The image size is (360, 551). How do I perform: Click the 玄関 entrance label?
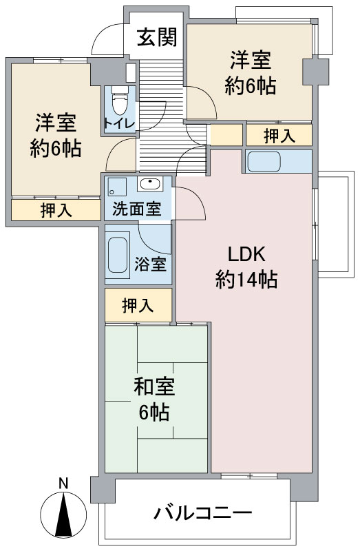(157, 37)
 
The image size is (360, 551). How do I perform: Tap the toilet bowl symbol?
(119, 100)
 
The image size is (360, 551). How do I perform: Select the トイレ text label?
(118, 124)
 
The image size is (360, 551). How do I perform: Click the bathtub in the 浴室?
(117, 255)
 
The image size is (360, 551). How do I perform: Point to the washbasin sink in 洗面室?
(150, 184)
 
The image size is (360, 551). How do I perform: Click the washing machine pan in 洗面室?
(117, 187)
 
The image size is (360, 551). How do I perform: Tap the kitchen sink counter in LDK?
(264, 161)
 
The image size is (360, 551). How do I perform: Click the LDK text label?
(246, 254)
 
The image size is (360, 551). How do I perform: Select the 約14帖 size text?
(246, 280)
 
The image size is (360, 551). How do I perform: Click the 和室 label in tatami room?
(153, 386)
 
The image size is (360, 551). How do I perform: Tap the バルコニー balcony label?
(202, 513)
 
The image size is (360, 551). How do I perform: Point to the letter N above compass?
(63, 484)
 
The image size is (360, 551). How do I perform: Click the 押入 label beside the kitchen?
(279, 136)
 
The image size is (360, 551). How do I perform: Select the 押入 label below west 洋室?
(56, 210)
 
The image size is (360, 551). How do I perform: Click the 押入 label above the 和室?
(138, 305)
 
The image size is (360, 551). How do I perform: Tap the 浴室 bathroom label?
(150, 264)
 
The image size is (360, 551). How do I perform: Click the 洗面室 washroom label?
(136, 209)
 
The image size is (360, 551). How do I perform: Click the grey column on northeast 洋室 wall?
(316, 72)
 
